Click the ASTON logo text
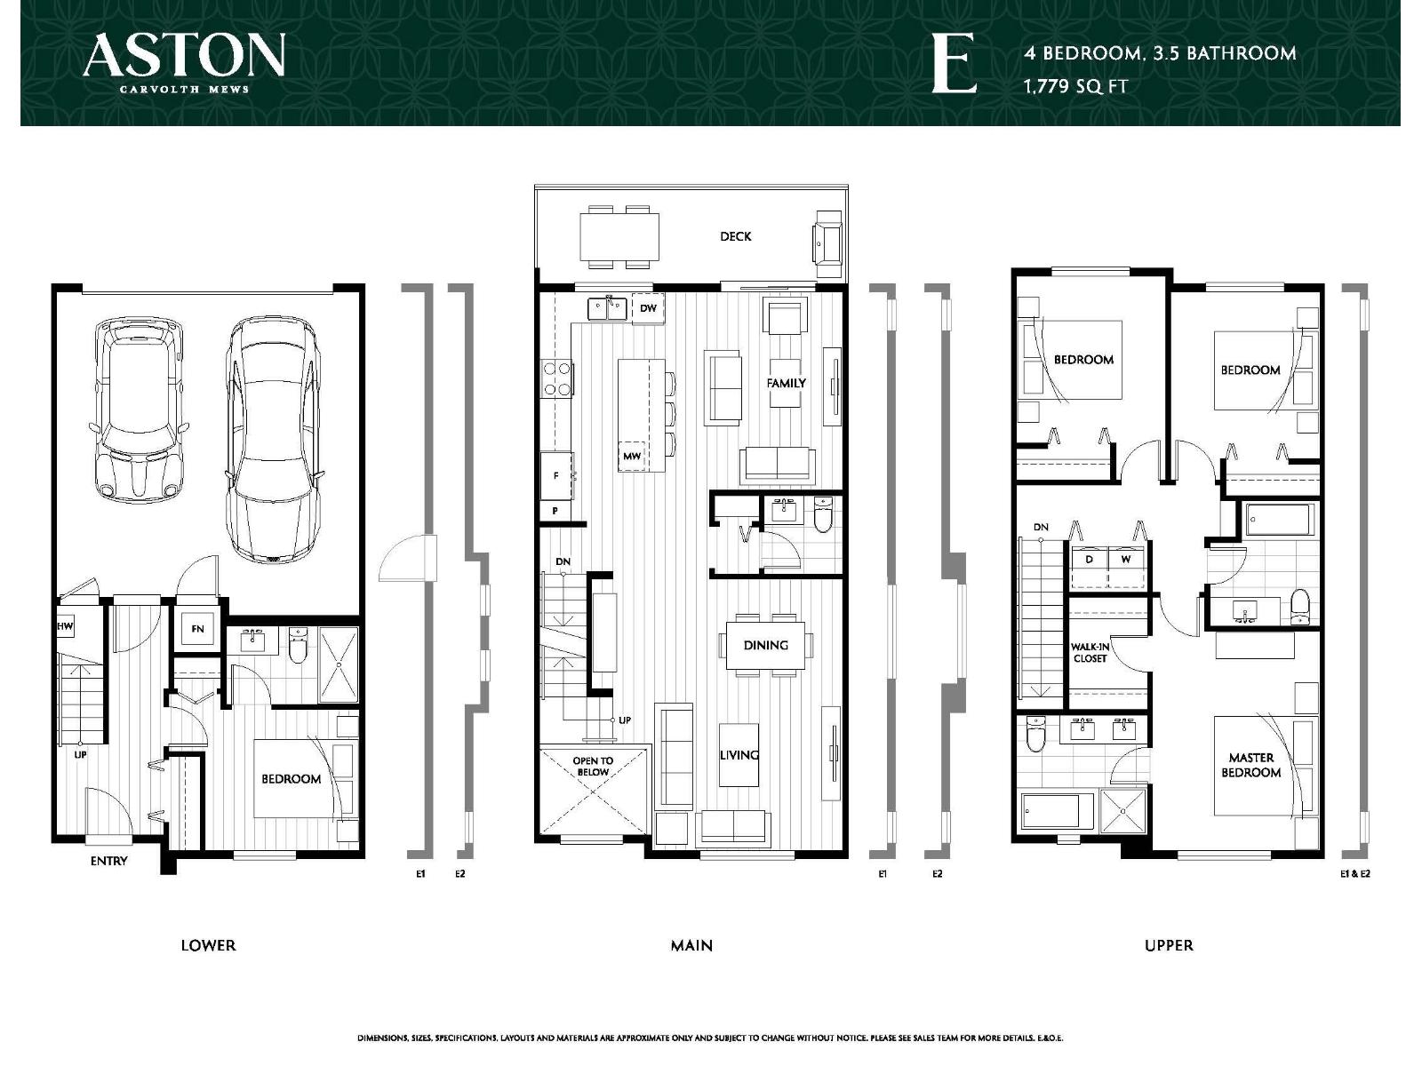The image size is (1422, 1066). point(184,56)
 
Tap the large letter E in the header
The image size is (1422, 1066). point(954,64)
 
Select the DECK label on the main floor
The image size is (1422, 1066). point(735,236)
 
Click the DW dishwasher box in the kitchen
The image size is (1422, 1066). point(648,308)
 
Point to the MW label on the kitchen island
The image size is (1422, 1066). point(631,456)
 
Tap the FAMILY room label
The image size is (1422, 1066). point(786,383)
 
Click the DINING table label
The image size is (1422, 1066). point(765,645)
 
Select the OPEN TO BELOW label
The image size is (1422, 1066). point(593,766)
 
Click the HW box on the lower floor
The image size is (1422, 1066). point(65,627)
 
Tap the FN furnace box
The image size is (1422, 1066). point(197,629)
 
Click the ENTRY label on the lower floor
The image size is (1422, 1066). point(108,861)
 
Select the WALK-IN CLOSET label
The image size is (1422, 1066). point(1090,653)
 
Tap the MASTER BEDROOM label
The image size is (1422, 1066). point(1250,765)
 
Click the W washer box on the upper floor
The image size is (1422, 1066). point(1126,560)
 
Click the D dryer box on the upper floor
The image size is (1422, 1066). point(1089,560)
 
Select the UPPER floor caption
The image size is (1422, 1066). point(1168,945)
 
